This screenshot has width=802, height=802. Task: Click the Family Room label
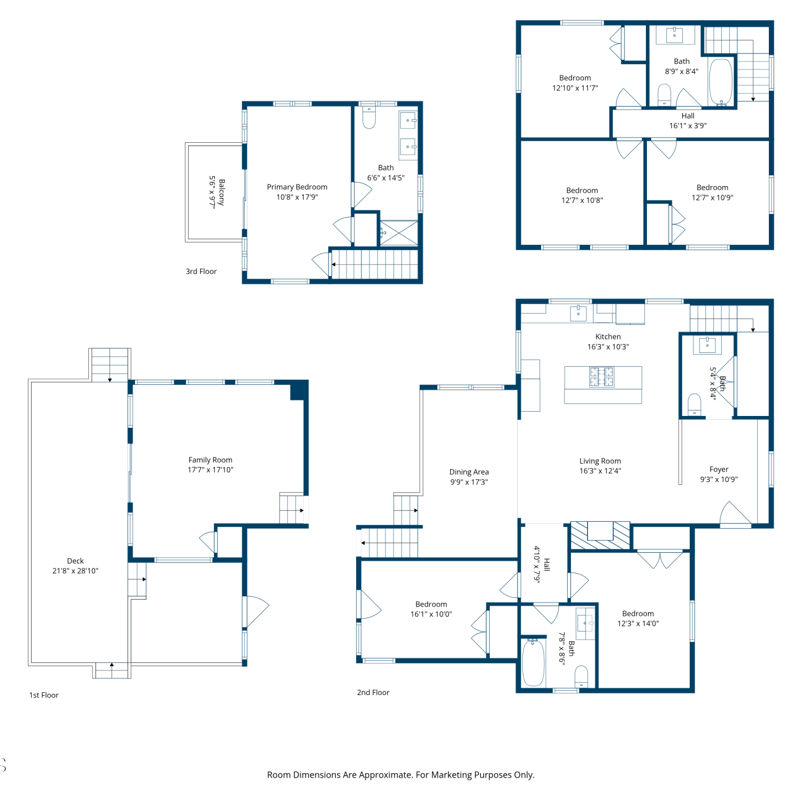(210, 460)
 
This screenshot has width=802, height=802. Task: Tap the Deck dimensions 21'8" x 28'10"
(75, 570)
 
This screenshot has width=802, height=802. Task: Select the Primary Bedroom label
(297, 187)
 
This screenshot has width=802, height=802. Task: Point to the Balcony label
(221, 192)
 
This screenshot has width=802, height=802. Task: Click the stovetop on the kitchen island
(602, 376)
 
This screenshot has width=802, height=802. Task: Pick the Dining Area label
(469, 472)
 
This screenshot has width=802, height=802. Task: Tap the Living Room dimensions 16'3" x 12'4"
(600, 471)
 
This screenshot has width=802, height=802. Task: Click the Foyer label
(719, 469)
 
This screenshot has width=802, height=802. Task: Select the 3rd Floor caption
(201, 272)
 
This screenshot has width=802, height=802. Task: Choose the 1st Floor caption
(44, 695)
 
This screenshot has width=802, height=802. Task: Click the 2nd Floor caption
(373, 692)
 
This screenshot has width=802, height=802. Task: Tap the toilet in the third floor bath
(369, 118)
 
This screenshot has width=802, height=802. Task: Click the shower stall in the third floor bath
(399, 233)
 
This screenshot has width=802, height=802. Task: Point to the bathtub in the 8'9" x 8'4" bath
(721, 82)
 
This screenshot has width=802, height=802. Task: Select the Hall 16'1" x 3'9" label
(688, 121)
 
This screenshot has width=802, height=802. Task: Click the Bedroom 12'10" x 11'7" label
(575, 83)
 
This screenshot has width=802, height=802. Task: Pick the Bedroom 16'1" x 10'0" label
(431, 609)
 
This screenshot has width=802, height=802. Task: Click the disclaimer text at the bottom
(401, 775)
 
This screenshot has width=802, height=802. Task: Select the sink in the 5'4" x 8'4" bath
(707, 344)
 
